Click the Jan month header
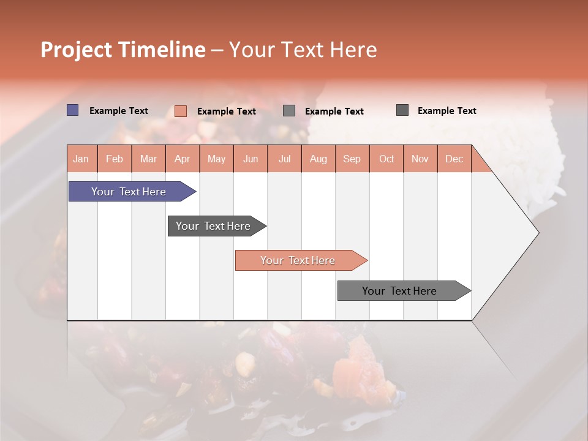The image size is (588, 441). click(81, 159)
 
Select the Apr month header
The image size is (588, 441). click(182, 159)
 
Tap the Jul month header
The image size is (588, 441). click(284, 159)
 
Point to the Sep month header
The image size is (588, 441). click(352, 159)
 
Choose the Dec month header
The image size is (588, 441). click(454, 159)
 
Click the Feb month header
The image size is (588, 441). click(114, 159)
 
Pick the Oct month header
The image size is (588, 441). click(386, 159)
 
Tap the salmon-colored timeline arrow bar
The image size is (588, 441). click(298, 260)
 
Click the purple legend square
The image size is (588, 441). click(72, 110)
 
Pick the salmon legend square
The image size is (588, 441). click(180, 111)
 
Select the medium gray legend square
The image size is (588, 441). click(289, 111)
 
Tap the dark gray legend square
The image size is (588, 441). click(402, 110)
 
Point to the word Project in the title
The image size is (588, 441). click(75, 50)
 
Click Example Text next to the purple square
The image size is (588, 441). click(119, 111)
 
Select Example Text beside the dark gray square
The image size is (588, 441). click(447, 111)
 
